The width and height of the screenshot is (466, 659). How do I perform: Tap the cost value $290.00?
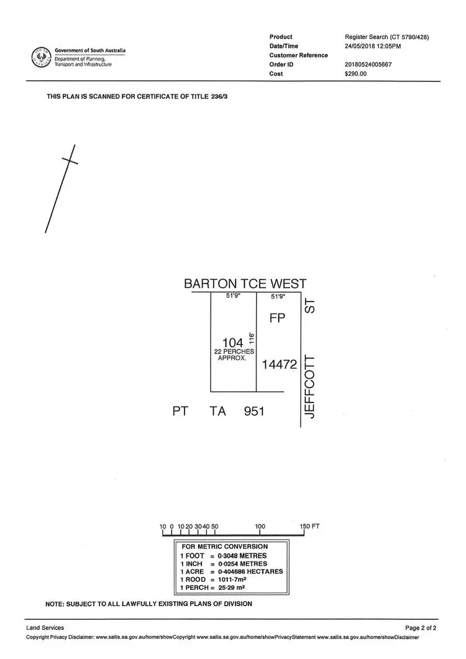coord(355,74)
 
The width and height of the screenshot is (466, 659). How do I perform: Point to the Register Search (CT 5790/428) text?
coord(386,37)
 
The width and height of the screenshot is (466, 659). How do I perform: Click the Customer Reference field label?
coord(299,55)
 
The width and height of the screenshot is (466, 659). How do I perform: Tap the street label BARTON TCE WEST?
coord(245,283)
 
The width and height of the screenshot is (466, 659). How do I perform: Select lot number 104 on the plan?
coord(233,342)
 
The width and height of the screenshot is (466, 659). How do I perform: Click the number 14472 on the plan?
coord(280,364)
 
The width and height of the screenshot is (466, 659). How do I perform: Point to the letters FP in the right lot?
coord(277,318)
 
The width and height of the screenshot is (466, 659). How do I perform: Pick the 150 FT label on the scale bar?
coord(309,527)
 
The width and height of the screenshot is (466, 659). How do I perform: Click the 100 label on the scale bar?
coord(260,527)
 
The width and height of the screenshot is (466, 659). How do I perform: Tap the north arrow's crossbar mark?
coord(70,160)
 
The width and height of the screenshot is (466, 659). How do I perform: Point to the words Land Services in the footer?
coord(45,629)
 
